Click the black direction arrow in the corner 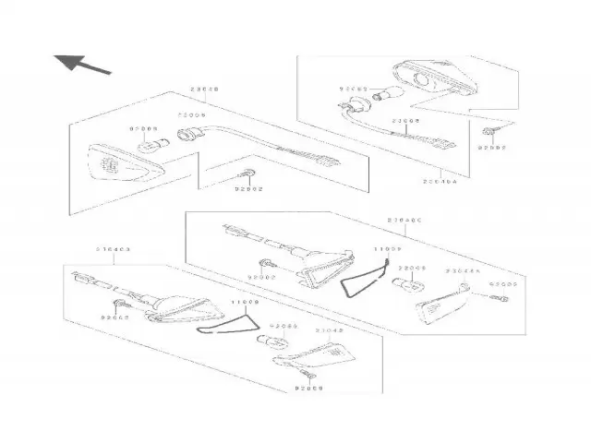point(82,65)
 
